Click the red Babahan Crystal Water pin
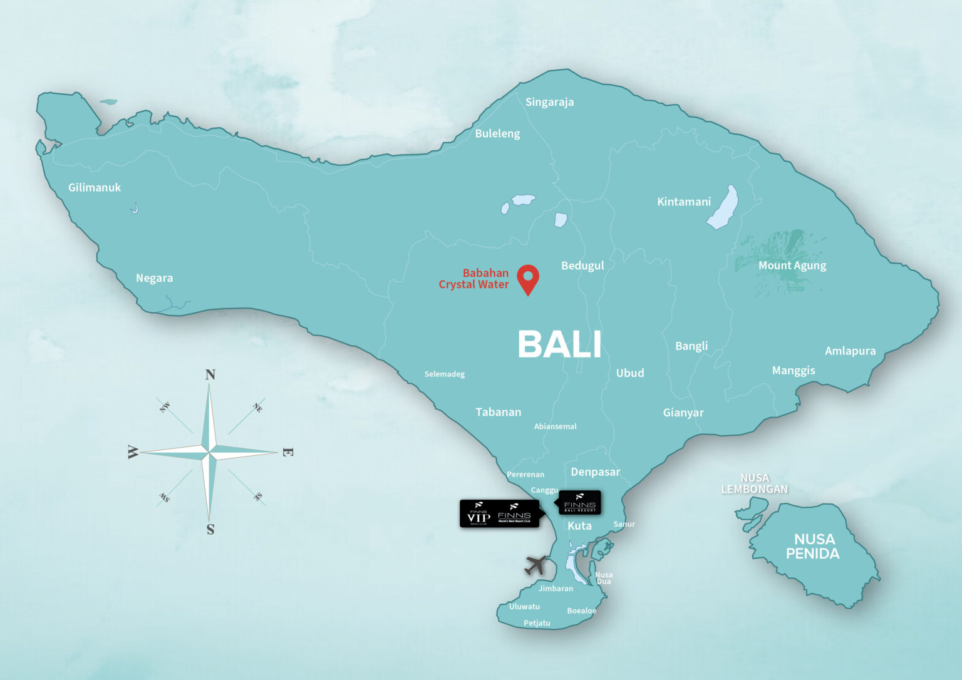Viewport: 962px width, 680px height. click(528, 278)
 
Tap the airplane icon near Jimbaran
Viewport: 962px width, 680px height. click(535, 565)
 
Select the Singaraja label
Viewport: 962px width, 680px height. click(549, 102)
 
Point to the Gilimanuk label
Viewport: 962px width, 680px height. click(95, 187)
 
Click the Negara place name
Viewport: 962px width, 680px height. click(154, 278)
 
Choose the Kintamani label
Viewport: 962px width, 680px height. click(684, 202)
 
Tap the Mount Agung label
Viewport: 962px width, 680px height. click(792, 265)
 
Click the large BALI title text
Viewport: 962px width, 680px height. click(559, 344)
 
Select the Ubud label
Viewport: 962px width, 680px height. click(629, 373)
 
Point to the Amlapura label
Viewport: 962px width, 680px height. click(850, 351)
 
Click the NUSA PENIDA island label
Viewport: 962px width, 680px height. click(813, 546)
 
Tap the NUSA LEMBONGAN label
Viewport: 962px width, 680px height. click(754, 483)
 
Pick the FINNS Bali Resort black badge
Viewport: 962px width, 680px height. click(579, 502)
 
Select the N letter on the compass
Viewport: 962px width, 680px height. click(210, 374)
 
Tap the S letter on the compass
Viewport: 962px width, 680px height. click(210, 530)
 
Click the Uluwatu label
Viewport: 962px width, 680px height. click(524, 607)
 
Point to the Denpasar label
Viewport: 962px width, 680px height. click(595, 472)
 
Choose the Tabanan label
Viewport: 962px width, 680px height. click(498, 412)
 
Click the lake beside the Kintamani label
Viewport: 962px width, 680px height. click(723, 207)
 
